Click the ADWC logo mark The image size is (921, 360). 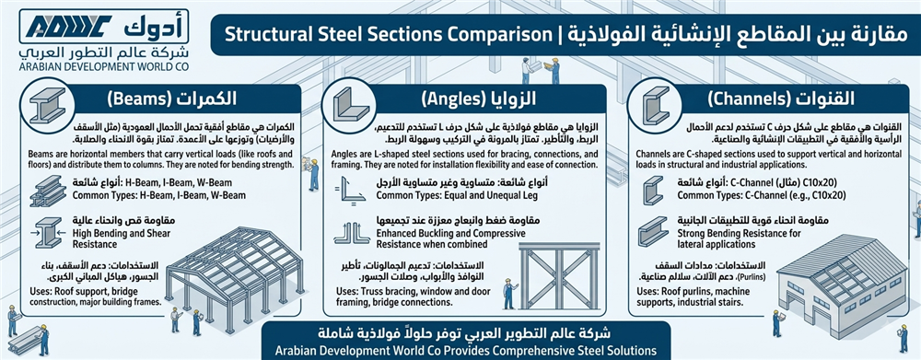(x=69, y=26)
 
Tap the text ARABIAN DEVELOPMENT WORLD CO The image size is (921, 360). (x=103, y=66)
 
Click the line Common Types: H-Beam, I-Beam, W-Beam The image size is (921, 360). (x=159, y=195)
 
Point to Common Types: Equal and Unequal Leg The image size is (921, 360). (x=456, y=195)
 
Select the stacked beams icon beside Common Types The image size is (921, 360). (x=48, y=189)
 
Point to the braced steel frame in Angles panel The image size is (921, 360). (x=559, y=275)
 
